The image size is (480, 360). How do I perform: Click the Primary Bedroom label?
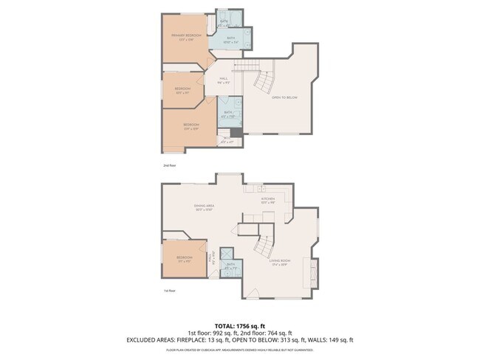[x=186, y=36]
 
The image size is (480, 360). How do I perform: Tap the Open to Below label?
[x=285, y=97]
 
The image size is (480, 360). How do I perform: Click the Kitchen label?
[x=267, y=199]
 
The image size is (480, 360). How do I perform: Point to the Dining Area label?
[x=204, y=207]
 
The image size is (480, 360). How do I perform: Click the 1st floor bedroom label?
[x=184, y=257]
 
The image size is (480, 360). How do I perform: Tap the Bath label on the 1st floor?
[x=231, y=265]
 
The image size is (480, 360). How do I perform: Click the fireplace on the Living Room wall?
[x=315, y=273]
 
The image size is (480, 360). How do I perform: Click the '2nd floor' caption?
[x=170, y=165]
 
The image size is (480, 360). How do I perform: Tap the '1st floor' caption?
[x=170, y=291]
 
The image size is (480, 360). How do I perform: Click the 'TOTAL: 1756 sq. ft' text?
[x=239, y=325]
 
